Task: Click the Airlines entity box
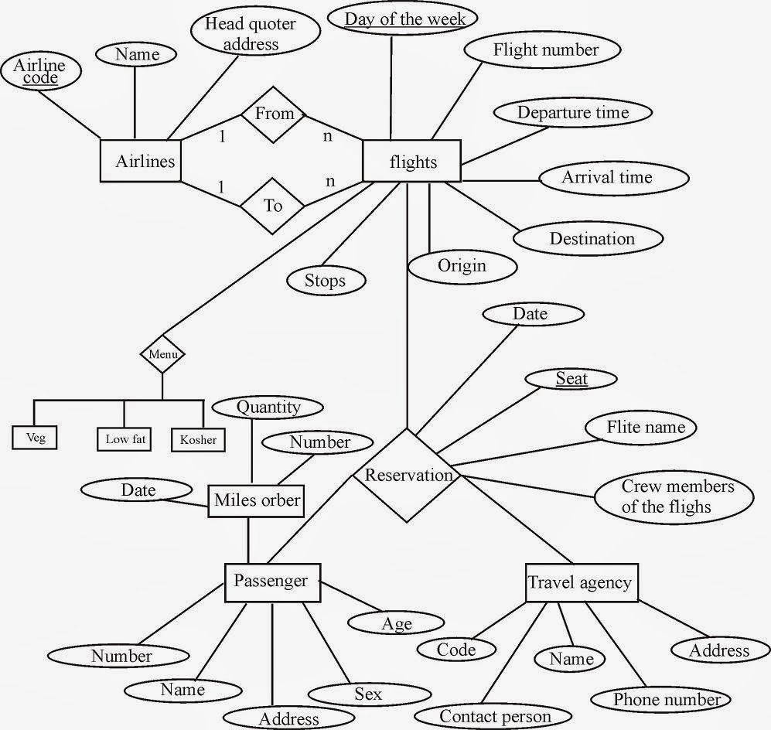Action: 141,161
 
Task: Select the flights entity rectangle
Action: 411,161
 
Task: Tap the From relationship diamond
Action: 274,114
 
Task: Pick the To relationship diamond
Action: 273,206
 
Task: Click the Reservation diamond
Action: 407,476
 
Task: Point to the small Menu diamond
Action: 162,354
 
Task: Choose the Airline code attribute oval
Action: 41,71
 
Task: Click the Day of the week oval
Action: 403,19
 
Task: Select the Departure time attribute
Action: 573,112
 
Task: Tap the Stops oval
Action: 326,281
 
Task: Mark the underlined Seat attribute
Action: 571,379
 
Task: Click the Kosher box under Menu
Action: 198,439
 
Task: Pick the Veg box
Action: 35,438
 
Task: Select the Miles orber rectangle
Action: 256,501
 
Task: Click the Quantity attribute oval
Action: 268,407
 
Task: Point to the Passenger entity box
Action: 272,582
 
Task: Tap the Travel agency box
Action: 582,582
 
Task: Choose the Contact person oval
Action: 493,716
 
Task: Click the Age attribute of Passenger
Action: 396,623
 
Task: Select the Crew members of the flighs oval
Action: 674,497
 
